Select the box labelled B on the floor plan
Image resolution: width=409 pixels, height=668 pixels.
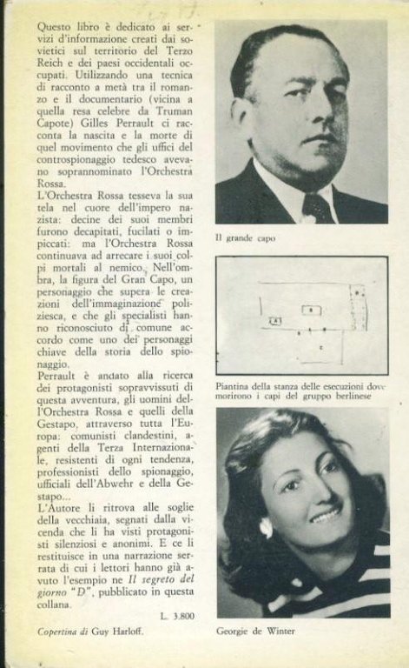click(x=308, y=310)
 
